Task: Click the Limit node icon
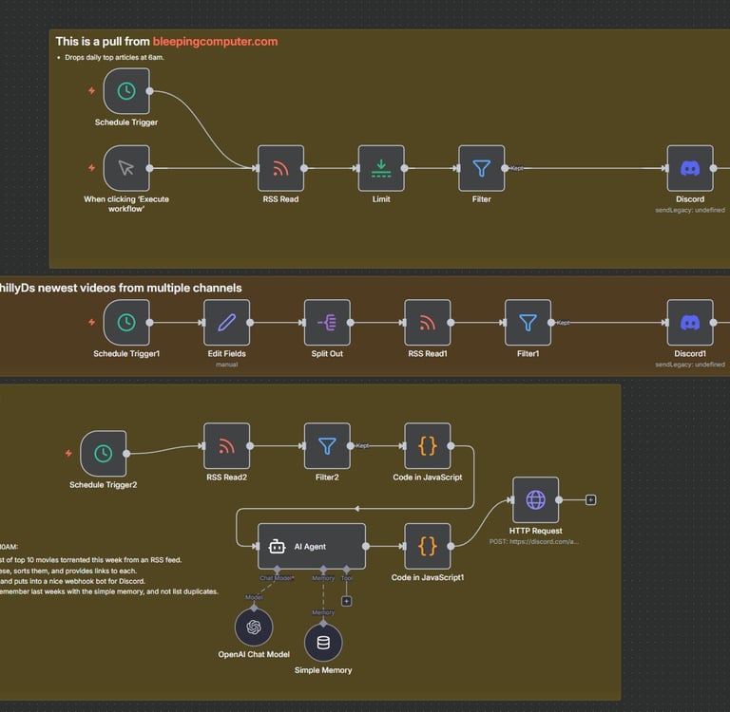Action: pos(381,168)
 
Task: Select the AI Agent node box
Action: pos(311,547)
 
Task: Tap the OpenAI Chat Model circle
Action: pos(254,628)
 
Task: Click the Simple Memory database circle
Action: pos(323,643)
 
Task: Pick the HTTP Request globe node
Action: pos(535,499)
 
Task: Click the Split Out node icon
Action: pos(327,323)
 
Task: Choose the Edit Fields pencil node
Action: pos(226,323)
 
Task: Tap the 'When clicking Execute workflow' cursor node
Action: pos(126,168)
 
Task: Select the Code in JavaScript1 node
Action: pos(428,546)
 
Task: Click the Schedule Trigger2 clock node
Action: pos(104,454)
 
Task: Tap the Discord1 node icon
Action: pos(690,323)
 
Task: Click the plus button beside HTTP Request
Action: pos(590,499)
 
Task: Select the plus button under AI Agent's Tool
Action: pos(346,600)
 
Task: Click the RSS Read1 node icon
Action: pos(428,323)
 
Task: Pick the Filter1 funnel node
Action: pos(528,323)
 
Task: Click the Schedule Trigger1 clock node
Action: pos(126,323)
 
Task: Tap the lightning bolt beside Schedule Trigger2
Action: pos(68,454)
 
